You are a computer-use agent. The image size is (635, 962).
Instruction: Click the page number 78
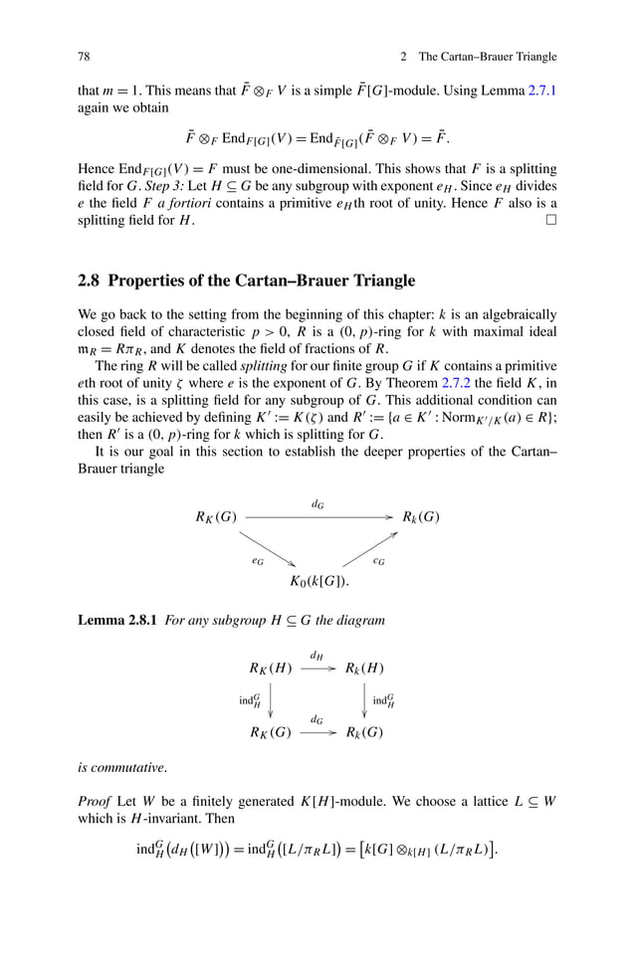[x=84, y=56]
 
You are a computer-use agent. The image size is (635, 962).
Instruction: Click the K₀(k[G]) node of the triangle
[x=318, y=581]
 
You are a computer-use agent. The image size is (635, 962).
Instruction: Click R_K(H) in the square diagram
[x=270, y=669]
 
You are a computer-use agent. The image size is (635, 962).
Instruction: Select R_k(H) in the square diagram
[x=364, y=669]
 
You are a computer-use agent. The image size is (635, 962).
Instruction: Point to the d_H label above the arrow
[x=317, y=656]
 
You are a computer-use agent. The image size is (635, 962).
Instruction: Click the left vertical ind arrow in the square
[x=271, y=700]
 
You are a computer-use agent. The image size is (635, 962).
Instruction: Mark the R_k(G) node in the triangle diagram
[x=420, y=517]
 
